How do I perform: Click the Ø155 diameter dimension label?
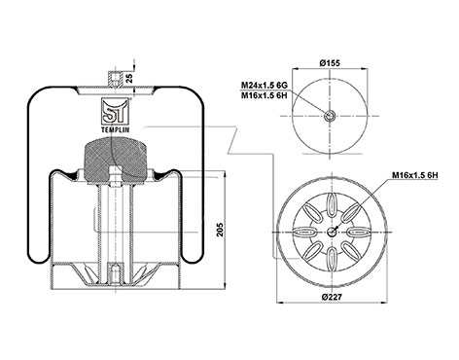tap(330, 63)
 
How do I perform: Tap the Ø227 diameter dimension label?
tap(332, 297)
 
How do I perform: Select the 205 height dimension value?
tap(220, 230)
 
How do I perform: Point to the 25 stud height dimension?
tap(129, 78)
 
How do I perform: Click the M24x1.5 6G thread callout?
tap(264, 86)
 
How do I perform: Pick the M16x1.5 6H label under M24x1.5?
tap(264, 95)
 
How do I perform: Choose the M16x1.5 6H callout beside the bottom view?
tap(415, 175)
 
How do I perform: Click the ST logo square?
tap(116, 111)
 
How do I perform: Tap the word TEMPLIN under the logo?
tap(116, 129)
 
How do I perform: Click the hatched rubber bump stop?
tap(115, 159)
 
